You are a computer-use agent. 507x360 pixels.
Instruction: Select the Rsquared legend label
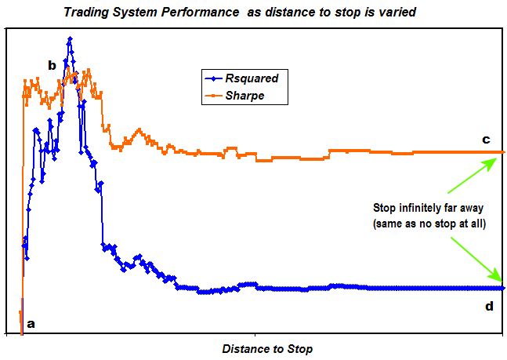(x=251, y=78)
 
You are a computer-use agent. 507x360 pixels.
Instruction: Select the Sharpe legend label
(x=245, y=95)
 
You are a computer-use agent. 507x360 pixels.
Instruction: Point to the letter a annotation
(x=31, y=322)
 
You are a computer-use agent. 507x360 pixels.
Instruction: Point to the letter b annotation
(x=52, y=65)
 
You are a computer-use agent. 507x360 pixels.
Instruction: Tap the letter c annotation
(x=486, y=140)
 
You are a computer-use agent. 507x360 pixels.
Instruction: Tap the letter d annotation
(x=488, y=306)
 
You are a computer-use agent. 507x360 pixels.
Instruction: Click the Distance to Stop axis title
(x=266, y=347)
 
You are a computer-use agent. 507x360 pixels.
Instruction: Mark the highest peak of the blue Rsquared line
(x=70, y=38)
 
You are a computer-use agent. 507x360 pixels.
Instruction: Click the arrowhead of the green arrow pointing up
(x=494, y=159)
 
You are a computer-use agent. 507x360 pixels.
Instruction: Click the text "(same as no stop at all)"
(x=430, y=224)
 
